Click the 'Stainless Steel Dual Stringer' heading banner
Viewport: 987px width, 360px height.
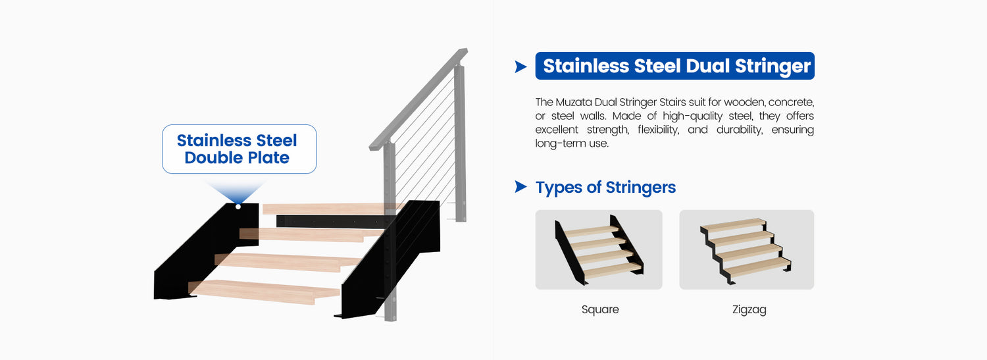click(674, 66)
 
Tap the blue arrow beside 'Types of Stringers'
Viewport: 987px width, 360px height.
click(520, 187)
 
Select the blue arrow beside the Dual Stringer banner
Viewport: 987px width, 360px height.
click(520, 66)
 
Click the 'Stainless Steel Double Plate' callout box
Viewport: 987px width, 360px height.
click(240, 149)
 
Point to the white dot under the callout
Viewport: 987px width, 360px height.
click(238, 207)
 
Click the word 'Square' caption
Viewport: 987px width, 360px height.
click(600, 309)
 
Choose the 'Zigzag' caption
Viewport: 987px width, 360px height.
click(749, 310)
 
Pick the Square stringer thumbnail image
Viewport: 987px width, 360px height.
click(599, 249)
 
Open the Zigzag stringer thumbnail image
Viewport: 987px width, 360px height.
click(746, 249)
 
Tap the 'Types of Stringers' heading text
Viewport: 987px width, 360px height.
click(605, 188)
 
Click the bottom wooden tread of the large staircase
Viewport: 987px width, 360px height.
click(265, 291)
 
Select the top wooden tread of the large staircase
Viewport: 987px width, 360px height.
click(330, 209)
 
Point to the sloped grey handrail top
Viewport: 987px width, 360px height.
click(418, 99)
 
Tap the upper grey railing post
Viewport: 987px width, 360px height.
click(460, 143)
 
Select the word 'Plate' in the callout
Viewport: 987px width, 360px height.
click(267, 158)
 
